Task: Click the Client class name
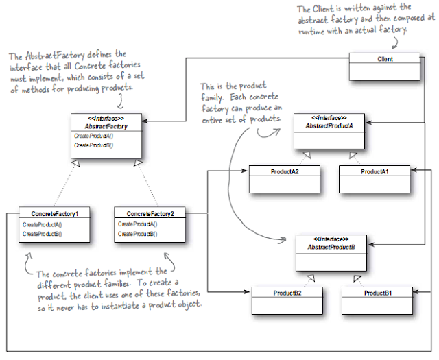pos(385,59)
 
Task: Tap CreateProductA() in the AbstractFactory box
pos(93,136)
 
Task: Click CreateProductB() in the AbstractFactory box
pos(93,145)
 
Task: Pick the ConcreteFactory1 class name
pos(55,214)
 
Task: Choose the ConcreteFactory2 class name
pos(150,214)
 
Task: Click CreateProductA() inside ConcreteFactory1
pos(42,224)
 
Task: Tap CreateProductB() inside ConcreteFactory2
pos(137,234)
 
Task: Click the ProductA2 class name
pos(285,171)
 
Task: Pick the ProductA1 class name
pos(375,171)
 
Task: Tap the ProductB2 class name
pos(287,293)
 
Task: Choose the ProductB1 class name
pos(378,293)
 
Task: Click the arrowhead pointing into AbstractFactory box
pos(145,121)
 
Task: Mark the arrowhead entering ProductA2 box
pos(244,171)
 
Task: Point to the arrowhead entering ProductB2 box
pos(246,292)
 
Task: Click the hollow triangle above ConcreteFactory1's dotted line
pos(76,163)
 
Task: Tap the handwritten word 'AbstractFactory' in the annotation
pos(55,56)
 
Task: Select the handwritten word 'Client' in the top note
pos(323,9)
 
